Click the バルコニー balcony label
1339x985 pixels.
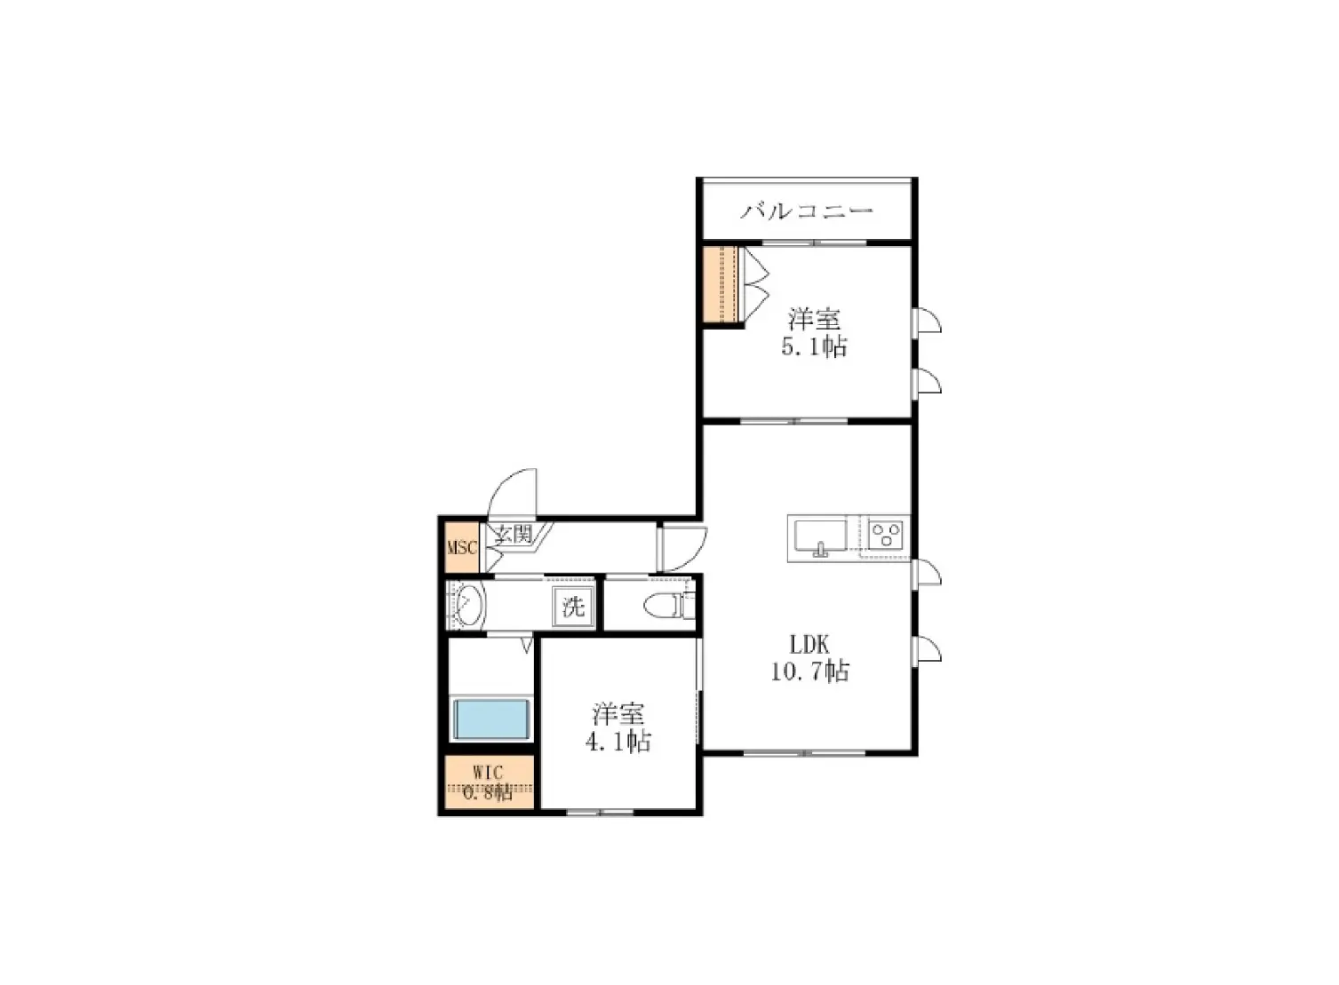(807, 211)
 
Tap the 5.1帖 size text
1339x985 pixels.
(814, 346)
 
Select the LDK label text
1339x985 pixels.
(809, 644)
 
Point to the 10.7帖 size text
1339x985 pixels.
(809, 671)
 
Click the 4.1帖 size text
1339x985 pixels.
(618, 742)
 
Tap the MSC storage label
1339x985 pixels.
(462, 547)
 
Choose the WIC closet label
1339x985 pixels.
(488, 771)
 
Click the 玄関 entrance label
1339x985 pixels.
(513, 534)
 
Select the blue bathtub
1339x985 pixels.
(490, 719)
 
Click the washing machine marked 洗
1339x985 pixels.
(573, 608)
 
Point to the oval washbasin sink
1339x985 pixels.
(470, 606)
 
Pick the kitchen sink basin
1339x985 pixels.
(820, 536)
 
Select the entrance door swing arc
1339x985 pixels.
(513, 492)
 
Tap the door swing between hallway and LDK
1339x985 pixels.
(682, 549)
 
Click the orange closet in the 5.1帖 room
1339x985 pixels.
(721, 284)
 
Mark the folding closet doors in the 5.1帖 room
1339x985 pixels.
(755, 284)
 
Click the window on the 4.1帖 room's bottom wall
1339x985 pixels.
(600, 812)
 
